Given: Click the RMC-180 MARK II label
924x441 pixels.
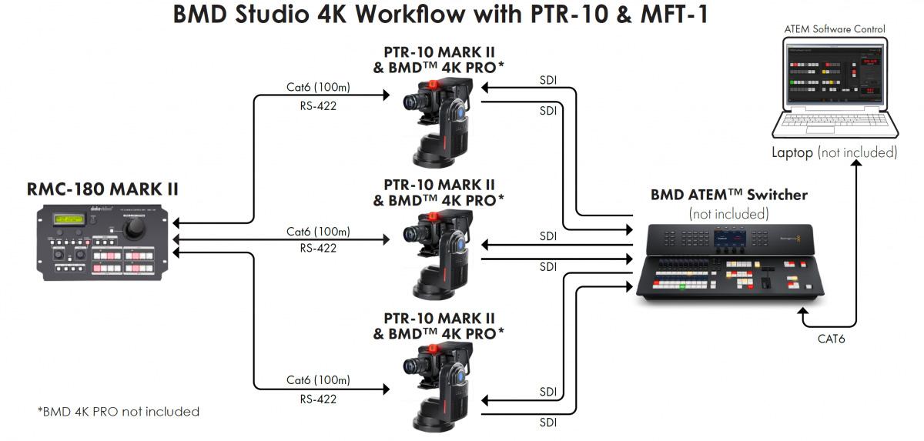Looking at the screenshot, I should [x=102, y=189].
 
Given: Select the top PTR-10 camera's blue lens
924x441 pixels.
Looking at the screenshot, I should [x=459, y=110].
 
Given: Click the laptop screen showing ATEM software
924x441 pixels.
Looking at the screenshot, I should [x=834, y=75].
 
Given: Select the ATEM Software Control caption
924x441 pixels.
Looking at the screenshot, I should [x=835, y=29].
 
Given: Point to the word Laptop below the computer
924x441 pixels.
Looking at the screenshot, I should [x=792, y=152].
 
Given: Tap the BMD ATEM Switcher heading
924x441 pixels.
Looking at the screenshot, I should [x=728, y=195].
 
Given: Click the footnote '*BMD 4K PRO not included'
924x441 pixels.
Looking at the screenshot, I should [x=118, y=412].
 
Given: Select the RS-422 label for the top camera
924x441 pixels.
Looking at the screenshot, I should [x=318, y=106].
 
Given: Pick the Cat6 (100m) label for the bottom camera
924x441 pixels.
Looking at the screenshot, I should [x=318, y=379].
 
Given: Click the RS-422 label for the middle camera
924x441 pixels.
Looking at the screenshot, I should [x=318, y=248].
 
